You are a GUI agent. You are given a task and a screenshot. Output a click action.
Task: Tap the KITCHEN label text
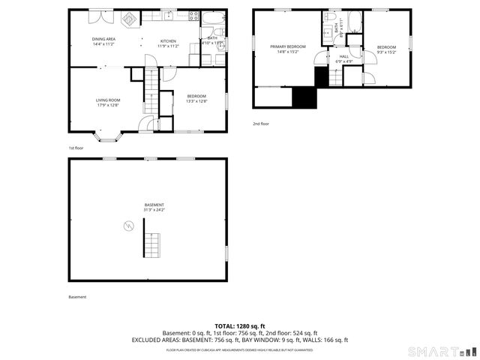(168, 40)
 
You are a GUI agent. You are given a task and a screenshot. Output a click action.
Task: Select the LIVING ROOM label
(108, 100)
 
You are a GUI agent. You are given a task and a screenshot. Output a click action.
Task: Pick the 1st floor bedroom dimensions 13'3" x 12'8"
(196, 100)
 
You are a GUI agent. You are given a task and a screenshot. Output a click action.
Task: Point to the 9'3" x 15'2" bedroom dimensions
(386, 52)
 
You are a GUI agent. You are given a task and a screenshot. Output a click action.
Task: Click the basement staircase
(151, 245)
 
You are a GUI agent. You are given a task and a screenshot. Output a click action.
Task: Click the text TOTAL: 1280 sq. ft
(240, 326)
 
